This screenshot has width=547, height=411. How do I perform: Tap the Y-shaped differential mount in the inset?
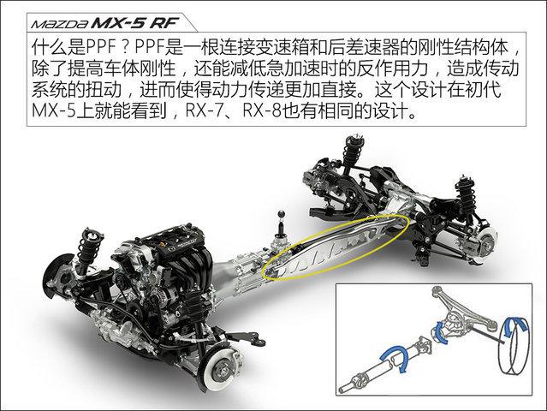coord(469,313)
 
